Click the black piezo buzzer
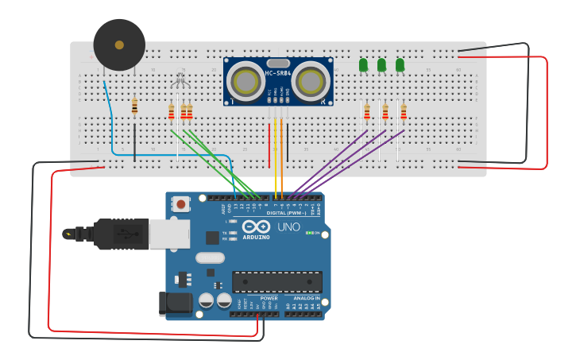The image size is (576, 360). coord(119,45)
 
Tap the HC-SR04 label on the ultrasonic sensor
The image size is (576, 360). coord(278,74)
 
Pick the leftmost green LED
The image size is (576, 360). coord(363,64)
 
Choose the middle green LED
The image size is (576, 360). coord(381,64)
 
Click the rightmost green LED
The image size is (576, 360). coord(400,64)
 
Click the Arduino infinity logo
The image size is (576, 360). coord(256,226)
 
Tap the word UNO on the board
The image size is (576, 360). coord(288,226)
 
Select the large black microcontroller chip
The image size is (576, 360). coord(276,281)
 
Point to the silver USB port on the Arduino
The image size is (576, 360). coord(169,234)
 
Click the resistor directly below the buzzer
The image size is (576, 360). coord(134,106)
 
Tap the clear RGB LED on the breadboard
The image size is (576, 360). coord(180,80)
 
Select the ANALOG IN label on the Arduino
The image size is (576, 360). coord(305,299)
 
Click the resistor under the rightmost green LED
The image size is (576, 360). coord(404,111)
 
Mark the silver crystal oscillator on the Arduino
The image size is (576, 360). coord(210,257)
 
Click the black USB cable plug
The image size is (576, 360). coord(119,234)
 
